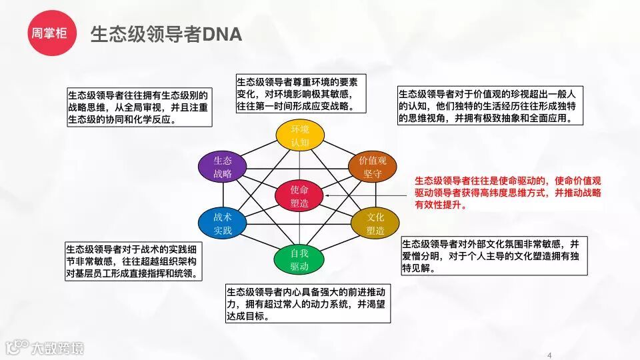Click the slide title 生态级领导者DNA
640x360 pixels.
pyautogui.click(x=165, y=33)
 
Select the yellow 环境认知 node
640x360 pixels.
pyautogui.click(x=300, y=135)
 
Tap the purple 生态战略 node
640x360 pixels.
pyautogui.click(x=223, y=167)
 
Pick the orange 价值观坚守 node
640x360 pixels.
pyautogui.click(x=372, y=167)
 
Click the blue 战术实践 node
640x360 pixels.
pyautogui.click(x=223, y=223)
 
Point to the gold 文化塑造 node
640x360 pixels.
pyautogui.click(x=375, y=224)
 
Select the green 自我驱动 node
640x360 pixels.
pyautogui.click(x=299, y=259)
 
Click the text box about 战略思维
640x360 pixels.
pyautogui.click(x=139, y=107)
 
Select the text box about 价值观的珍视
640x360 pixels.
pyautogui.click(x=491, y=106)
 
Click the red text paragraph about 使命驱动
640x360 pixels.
pyautogui.click(x=508, y=193)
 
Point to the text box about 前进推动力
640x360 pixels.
pyautogui.click(x=307, y=304)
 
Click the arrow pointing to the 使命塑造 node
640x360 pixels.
pyautogui.click(x=367, y=195)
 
